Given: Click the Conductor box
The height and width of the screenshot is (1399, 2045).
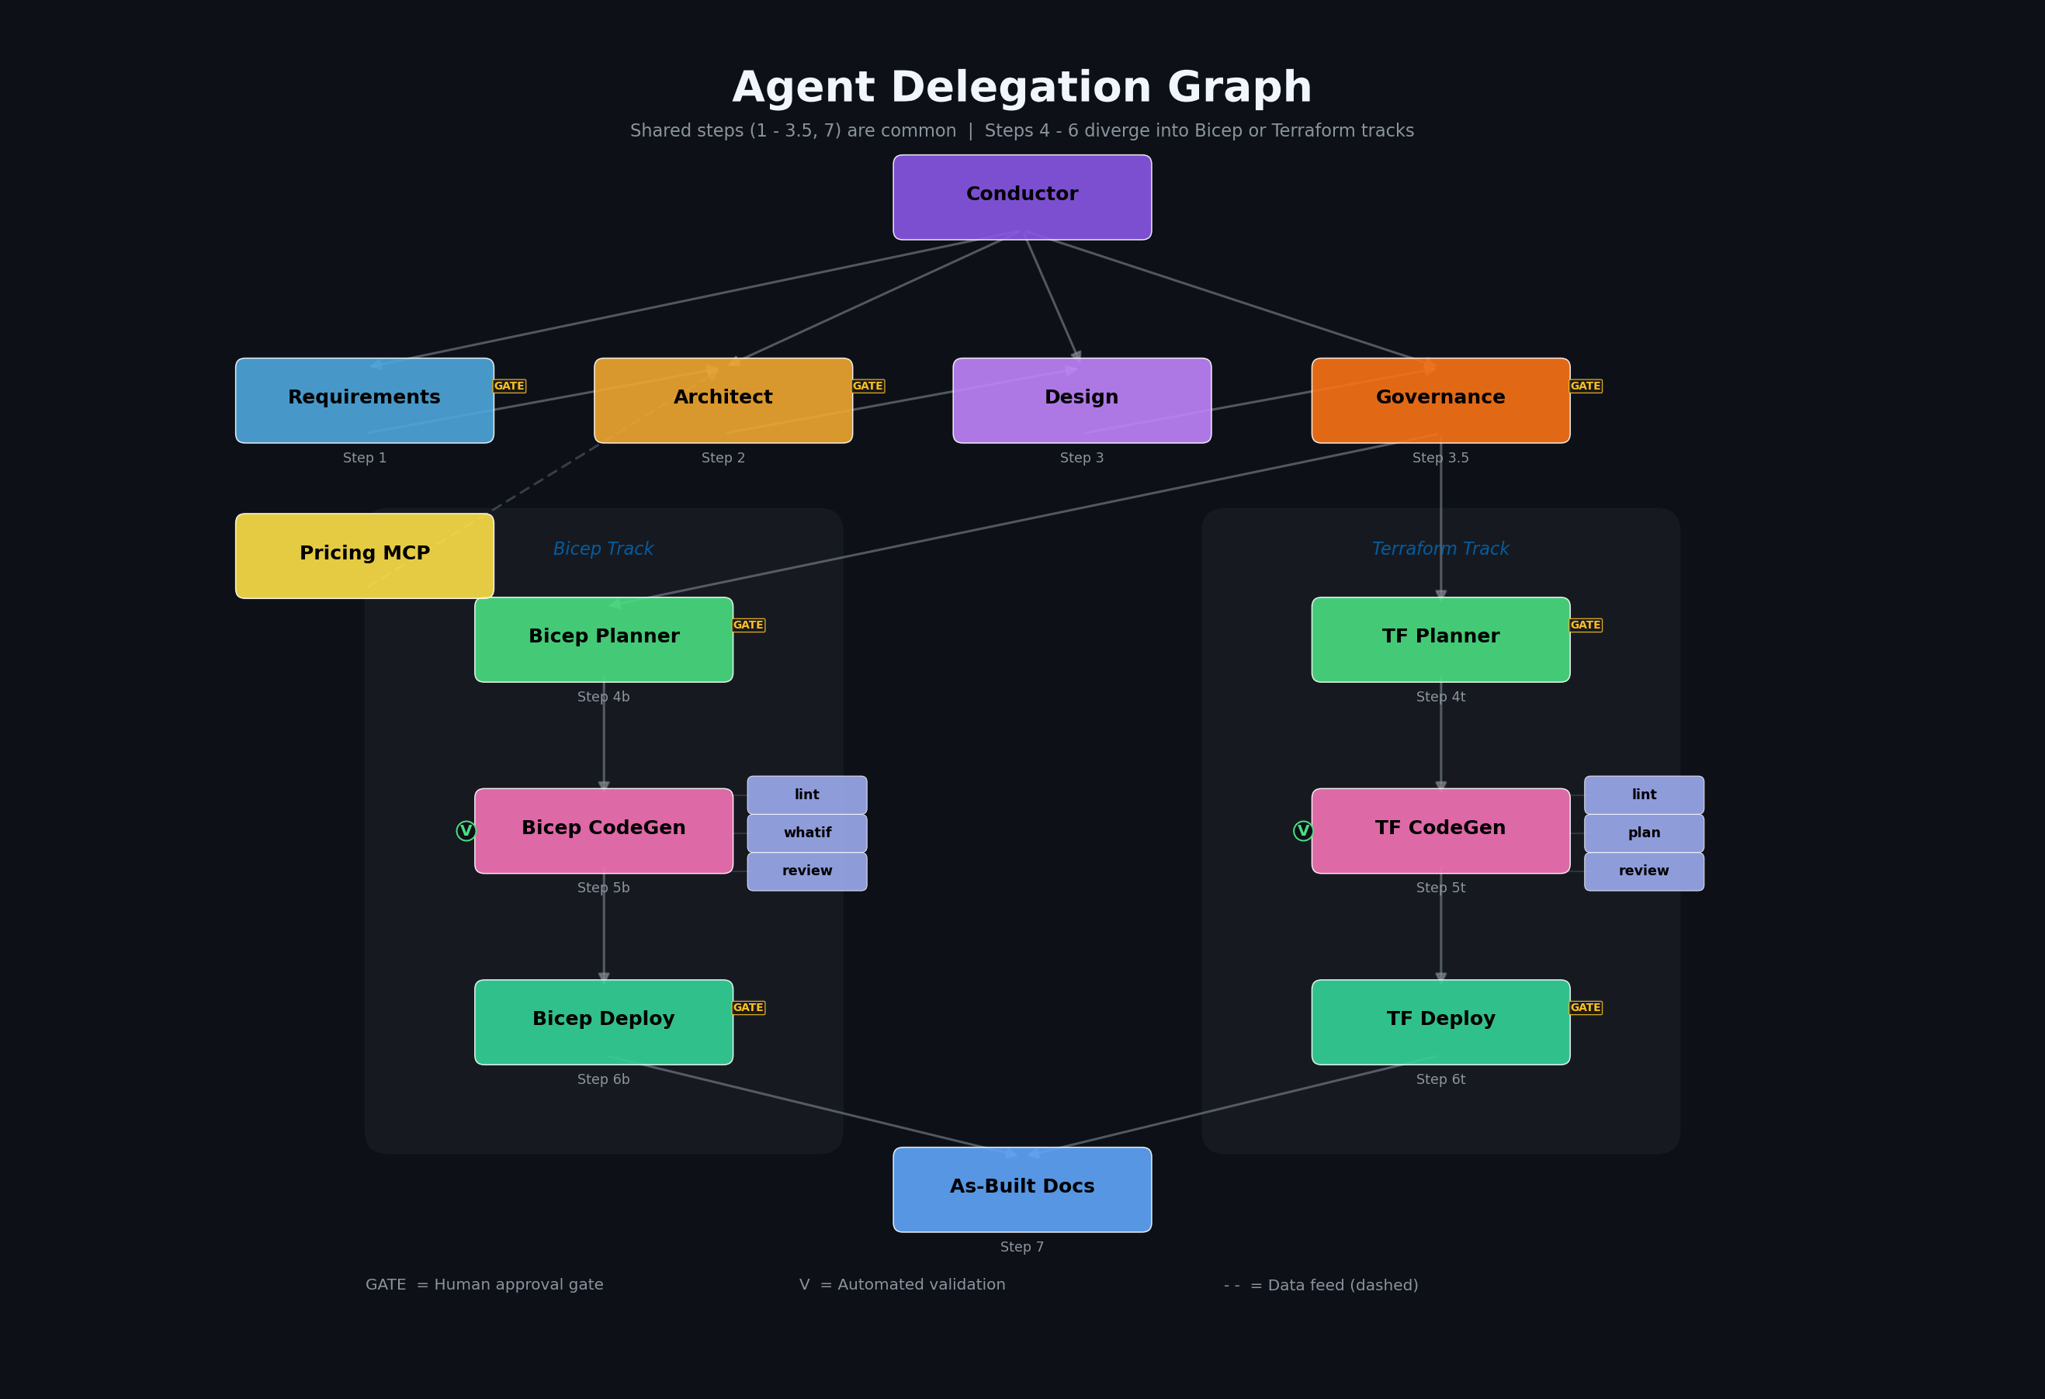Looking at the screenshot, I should [1021, 197].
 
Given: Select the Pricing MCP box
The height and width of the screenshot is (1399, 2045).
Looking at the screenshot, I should [364, 556].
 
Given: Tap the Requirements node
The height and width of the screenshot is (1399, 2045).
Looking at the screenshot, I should [364, 400].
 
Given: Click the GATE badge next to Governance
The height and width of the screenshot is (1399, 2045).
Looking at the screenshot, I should [1585, 386].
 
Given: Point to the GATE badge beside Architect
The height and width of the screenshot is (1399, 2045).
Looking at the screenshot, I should [868, 386].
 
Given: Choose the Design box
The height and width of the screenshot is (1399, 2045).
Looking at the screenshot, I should [1081, 400].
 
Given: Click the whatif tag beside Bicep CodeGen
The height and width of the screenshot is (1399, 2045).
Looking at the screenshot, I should [807, 833].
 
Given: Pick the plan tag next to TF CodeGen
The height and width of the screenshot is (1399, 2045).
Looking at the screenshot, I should [1644, 833].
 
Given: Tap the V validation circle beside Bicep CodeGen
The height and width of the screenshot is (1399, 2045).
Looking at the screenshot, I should [466, 830].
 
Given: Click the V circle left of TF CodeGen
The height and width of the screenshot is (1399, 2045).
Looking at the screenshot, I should [1302, 830].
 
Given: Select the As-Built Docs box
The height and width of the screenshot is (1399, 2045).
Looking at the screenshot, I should [1021, 1189].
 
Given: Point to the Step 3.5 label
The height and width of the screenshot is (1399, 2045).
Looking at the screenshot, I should [1440, 458].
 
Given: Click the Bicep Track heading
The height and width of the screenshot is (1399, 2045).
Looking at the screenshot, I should [603, 549].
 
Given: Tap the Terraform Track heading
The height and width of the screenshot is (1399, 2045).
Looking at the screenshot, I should [1440, 549].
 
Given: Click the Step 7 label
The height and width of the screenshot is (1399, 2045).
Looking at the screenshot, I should [1021, 1247].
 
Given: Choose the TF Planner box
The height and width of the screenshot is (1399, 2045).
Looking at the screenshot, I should [1440, 639].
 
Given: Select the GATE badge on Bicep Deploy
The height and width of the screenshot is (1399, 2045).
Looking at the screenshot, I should [748, 1007].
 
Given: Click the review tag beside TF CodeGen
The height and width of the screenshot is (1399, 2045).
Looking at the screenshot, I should [1644, 871].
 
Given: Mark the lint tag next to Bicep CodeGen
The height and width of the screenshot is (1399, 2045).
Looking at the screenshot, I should [807, 795].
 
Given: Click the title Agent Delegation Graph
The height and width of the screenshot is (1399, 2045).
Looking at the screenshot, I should [1021, 88].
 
